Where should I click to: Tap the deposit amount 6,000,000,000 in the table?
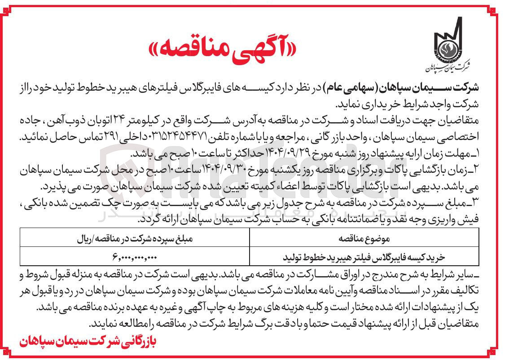(134, 257)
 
